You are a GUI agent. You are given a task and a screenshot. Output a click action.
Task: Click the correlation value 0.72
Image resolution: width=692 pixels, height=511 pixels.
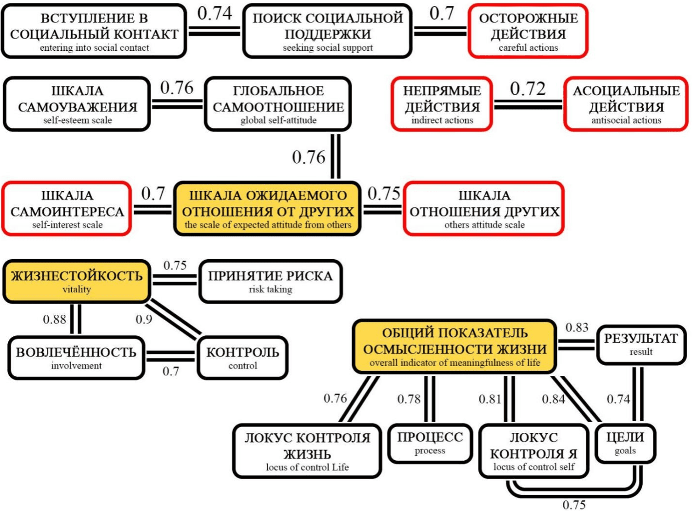(x=528, y=89)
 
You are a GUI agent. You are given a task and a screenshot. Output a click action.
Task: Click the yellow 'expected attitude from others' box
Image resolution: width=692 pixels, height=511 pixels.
(x=267, y=209)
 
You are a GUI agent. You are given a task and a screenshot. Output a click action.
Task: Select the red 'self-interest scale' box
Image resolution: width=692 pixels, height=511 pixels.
(x=67, y=209)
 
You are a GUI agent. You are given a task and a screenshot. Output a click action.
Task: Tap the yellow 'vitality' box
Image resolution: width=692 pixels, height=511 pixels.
(x=77, y=281)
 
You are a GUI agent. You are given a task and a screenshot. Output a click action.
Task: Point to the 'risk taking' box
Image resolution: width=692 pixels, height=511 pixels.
(x=270, y=281)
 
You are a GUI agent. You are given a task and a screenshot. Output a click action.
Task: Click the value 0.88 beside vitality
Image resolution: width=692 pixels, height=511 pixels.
(x=54, y=320)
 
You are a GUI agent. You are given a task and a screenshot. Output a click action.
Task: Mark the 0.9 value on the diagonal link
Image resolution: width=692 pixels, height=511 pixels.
(x=144, y=319)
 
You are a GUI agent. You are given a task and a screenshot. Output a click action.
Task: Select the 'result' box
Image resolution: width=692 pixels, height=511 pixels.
(x=641, y=344)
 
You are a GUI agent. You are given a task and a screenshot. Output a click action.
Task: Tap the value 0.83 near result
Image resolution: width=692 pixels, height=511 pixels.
(x=577, y=327)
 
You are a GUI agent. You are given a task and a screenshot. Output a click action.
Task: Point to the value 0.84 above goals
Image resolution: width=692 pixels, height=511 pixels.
(x=554, y=399)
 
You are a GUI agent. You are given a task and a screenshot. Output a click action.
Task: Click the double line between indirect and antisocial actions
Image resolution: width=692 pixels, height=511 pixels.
(x=528, y=104)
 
